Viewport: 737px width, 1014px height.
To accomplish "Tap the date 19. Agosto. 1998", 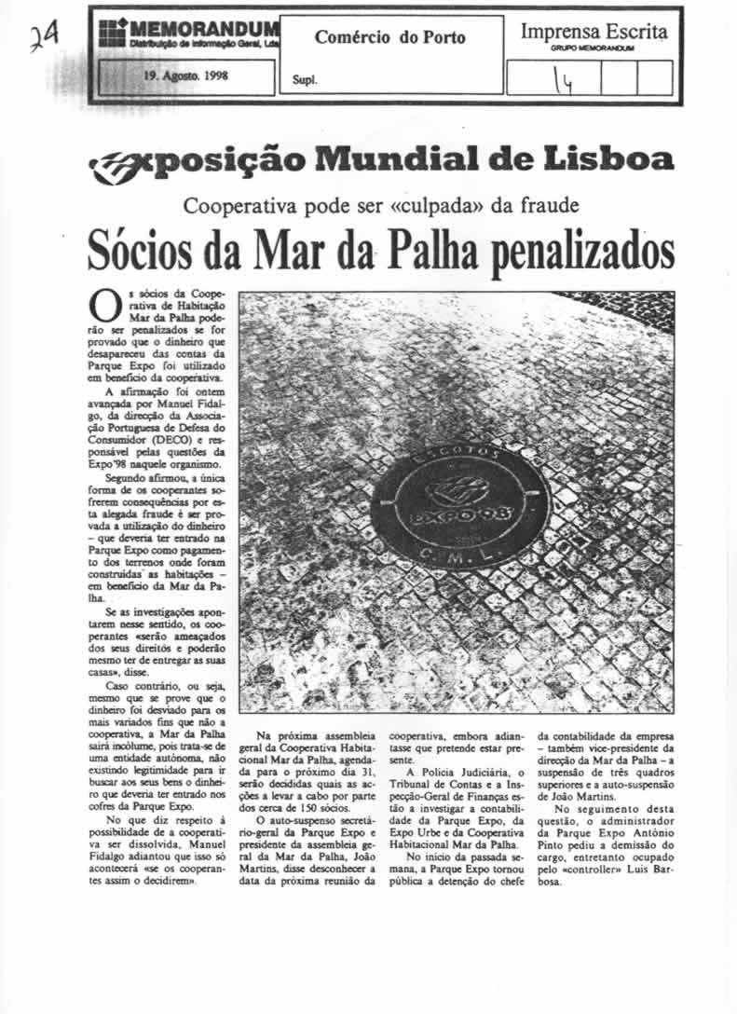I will pyautogui.click(x=186, y=77).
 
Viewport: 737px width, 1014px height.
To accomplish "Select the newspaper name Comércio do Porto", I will pyautogui.click(x=389, y=38).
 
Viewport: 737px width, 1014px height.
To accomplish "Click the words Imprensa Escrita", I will pyautogui.click(x=594, y=32).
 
